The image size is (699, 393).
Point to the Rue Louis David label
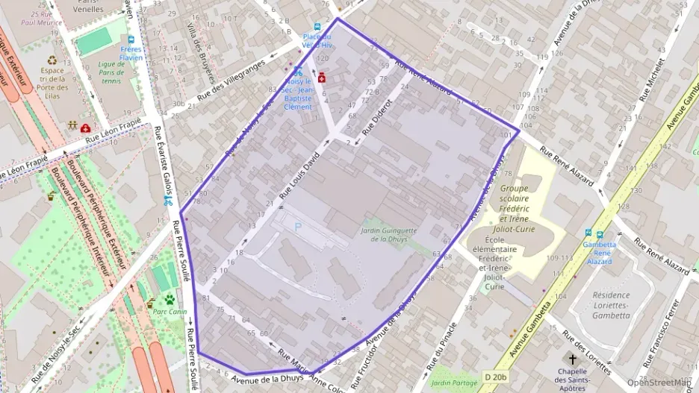299,176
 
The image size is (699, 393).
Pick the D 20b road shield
494,377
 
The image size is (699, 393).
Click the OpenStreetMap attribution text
659,383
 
